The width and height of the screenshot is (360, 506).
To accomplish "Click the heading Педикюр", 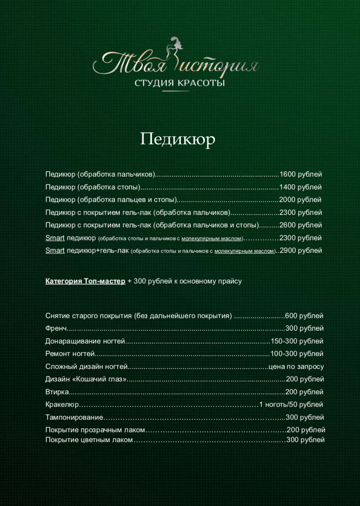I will tap(178, 139).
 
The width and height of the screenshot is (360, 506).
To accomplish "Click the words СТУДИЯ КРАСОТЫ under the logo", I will tap(180, 83).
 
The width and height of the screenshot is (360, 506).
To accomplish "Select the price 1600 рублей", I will tap(300, 174).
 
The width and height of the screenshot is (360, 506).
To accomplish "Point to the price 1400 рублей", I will tap(300, 187).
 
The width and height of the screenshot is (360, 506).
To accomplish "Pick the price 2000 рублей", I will tap(300, 200).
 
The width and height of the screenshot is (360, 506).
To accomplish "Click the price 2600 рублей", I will tap(300, 225).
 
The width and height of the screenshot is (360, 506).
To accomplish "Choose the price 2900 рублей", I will tap(301, 250).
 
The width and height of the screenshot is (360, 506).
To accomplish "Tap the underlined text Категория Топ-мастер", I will tap(85, 281).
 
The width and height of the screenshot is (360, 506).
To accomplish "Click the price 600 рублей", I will tap(304, 316).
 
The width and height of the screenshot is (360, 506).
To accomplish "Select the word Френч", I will tap(56, 328).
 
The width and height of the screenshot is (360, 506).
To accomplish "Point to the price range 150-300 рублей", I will tap(297, 341).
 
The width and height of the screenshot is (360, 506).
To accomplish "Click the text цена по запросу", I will tap(296, 366).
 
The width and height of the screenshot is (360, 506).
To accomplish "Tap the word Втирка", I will tap(57, 392).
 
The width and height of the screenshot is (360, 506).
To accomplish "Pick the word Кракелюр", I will tap(62, 404).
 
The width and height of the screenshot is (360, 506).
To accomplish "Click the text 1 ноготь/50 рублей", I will tap(291, 404).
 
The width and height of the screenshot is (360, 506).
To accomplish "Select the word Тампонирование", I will tap(74, 417).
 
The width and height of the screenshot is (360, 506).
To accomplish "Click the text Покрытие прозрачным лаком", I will tap(95, 430).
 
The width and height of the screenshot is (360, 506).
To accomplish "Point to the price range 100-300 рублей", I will tap(297, 354).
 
